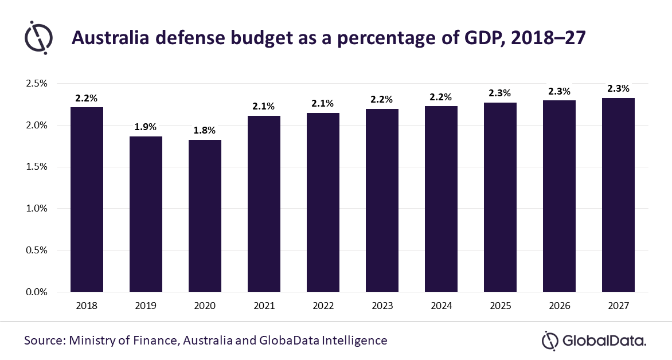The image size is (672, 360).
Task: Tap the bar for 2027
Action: [618, 195]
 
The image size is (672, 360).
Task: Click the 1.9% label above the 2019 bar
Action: [146, 127]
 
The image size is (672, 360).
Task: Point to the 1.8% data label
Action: [205, 130]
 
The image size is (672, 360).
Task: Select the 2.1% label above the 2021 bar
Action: [264, 106]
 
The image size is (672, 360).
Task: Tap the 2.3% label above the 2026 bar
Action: [559, 91]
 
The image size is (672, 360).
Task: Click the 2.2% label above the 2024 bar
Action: [441, 96]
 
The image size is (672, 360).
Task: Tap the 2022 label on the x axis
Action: [323, 306]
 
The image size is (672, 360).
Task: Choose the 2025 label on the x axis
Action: [500, 306]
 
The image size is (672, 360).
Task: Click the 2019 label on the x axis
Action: [146, 306]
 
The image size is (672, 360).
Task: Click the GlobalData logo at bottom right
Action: [594, 341]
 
